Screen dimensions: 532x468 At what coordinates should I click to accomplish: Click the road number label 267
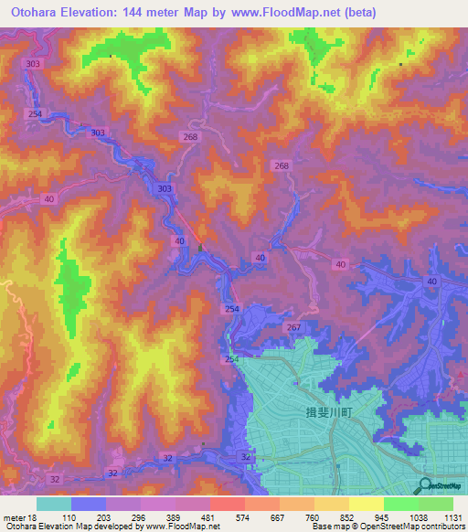[x=293, y=327]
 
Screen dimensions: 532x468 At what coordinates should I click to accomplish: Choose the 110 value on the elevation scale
[x=69, y=516]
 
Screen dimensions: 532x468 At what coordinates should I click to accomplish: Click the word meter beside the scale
[x=12, y=516]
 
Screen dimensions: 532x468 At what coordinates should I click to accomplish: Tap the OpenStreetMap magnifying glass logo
[x=424, y=485]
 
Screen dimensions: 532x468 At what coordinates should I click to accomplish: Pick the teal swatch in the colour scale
[x=54, y=504]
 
